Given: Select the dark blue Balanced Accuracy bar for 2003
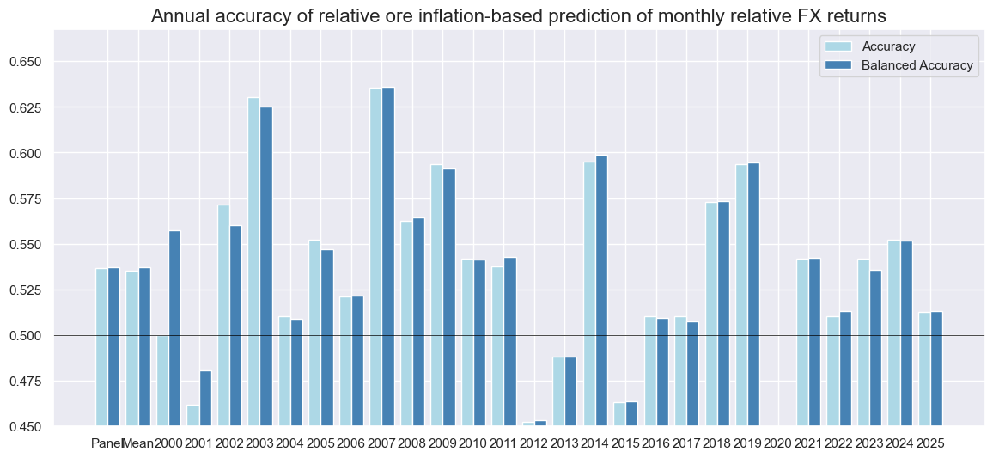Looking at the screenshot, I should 265,266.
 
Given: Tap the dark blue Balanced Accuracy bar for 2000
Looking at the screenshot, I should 174,327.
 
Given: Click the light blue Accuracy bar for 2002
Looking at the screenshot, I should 223,314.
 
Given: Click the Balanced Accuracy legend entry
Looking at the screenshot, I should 917,65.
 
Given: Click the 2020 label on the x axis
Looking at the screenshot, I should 777,443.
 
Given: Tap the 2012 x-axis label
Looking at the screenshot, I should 533,443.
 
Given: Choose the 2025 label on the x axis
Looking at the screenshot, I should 930,443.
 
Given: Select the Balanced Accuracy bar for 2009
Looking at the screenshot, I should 449,296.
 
